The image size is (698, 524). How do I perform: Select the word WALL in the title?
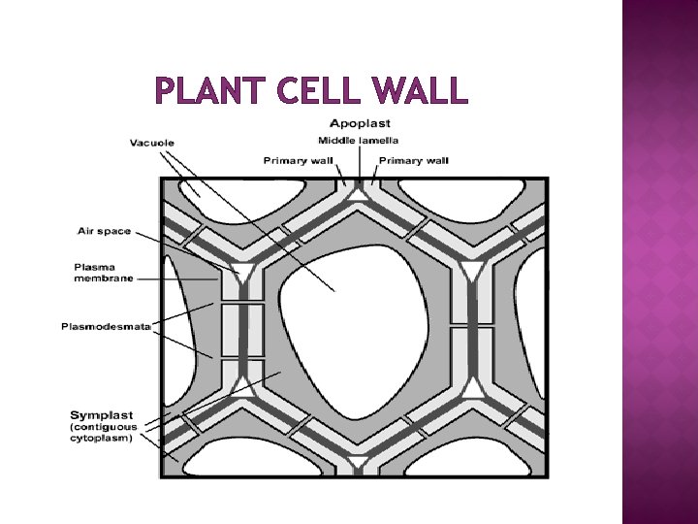419,92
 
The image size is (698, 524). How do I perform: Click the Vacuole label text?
152,144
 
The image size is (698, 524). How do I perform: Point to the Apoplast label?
360,123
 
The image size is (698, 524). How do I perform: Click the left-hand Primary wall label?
296,160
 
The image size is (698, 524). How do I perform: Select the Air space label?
104,231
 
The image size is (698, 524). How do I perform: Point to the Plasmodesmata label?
106,327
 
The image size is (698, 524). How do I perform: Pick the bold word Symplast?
102,415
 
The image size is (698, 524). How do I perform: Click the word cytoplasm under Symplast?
100,438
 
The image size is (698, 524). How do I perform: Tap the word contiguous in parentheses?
105,427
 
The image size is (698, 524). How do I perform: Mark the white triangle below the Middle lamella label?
358,193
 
